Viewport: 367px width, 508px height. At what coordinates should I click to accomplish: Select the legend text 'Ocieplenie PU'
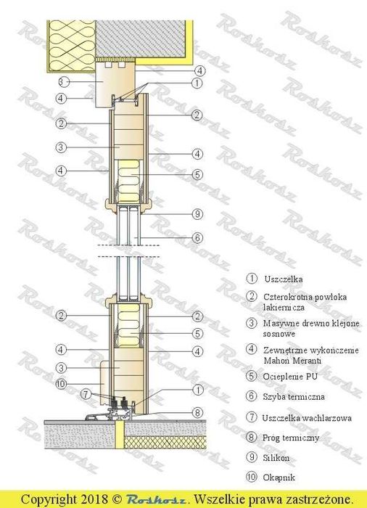coord(294,376)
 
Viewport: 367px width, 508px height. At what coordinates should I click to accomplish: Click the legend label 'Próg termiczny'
coord(292,438)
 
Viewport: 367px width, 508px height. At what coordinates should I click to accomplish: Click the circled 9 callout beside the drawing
coord(197,213)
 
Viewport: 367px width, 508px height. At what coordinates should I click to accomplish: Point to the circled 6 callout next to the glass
coord(197,237)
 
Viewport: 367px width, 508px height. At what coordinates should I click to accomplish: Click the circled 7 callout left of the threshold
coord(86,394)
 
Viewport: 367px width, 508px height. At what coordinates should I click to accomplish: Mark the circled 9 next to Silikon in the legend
coord(252,459)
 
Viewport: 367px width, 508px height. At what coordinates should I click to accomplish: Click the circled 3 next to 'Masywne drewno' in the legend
coord(252,323)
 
